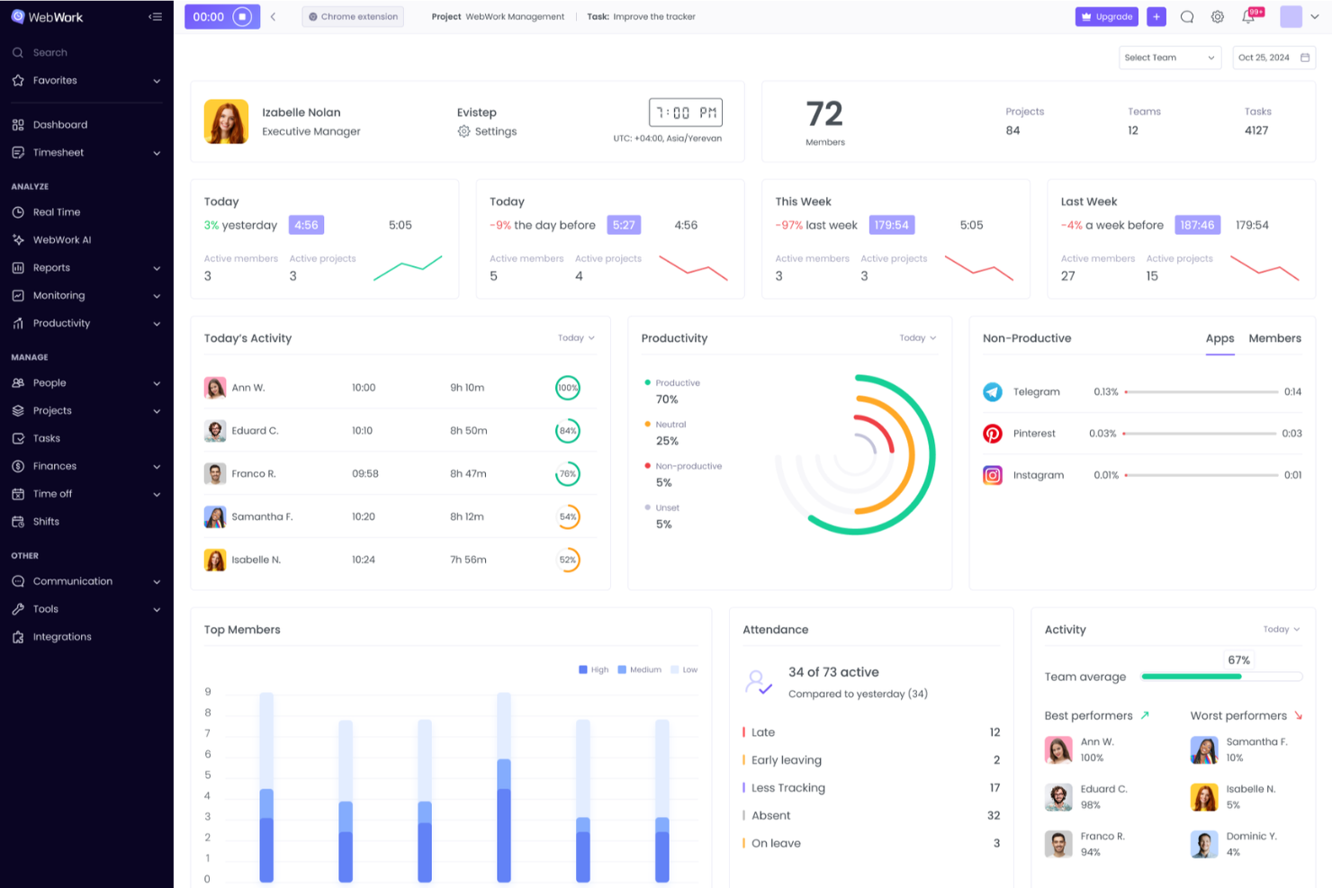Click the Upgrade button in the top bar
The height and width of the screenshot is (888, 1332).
tap(1106, 17)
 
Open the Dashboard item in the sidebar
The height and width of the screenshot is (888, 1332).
tap(59, 125)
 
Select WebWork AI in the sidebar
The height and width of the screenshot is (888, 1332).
tap(61, 240)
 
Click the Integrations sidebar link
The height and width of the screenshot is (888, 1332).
tap(61, 637)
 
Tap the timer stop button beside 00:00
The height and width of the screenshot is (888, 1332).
tap(242, 17)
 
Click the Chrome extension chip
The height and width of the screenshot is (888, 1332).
tap(353, 17)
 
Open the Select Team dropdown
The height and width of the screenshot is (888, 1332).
tap(1169, 58)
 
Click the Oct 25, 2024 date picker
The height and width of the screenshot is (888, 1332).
tap(1273, 58)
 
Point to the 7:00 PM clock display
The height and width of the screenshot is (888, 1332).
tap(686, 112)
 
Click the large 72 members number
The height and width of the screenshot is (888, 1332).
tap(824, 114)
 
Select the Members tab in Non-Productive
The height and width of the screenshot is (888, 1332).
tap(1274, 338)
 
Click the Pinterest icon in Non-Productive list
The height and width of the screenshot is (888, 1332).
tap(993, 434)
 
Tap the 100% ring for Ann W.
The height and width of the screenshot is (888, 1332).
tap(568, 388)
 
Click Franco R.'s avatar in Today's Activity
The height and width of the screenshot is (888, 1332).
tap(215, 474)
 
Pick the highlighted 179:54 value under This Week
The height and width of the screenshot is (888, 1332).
tap(891, 225)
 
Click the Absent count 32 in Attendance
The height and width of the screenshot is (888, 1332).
tap(994, 816)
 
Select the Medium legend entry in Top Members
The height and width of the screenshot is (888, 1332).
tap(640, 670)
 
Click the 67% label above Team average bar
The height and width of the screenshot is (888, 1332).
tap(1239, 660)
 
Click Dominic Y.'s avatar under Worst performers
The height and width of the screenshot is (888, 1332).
tap(1204, 844)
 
